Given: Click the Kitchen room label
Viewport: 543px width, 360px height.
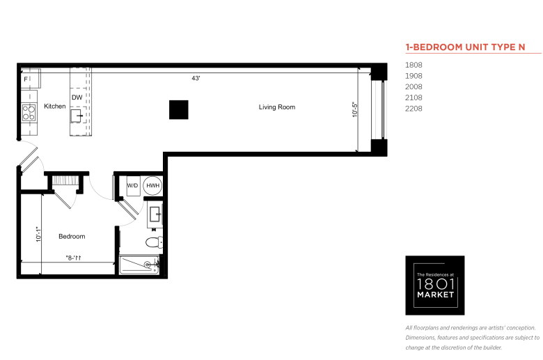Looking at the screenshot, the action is (55, 107).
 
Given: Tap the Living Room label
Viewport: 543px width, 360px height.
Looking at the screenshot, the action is (277, 107).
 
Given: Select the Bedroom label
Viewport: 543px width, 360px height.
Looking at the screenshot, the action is (72, 236).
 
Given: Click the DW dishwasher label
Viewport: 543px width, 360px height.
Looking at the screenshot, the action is (77, 97).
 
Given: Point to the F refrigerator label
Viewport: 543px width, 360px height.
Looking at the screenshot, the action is (26, 79).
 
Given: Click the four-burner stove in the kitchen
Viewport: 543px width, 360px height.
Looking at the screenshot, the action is (29, 113).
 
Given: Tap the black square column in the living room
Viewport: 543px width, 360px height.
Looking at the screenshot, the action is (179, 110).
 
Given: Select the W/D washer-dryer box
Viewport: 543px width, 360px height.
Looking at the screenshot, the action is (133, 186).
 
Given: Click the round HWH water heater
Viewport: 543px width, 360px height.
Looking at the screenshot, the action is (152, 186).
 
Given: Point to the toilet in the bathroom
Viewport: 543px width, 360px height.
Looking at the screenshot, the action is (154, 242).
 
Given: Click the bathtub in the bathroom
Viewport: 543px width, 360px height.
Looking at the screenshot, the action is (139, 266).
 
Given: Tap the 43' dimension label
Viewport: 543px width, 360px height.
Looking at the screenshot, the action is (196, 78).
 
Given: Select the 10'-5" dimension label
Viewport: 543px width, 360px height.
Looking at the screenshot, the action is (354, 109).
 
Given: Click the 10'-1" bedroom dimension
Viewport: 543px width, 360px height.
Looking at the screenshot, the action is (38, 234).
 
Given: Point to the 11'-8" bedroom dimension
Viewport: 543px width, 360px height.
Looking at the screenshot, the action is (73, 258).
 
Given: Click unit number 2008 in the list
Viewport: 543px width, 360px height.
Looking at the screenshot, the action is (414, 86).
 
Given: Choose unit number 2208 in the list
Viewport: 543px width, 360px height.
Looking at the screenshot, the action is (414, 109).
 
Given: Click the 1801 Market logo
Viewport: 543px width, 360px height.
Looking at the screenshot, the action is (435, 285).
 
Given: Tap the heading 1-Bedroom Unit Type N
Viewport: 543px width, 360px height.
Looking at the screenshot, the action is (466, 47).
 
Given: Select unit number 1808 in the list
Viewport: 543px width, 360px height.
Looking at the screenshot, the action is (414, 65).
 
